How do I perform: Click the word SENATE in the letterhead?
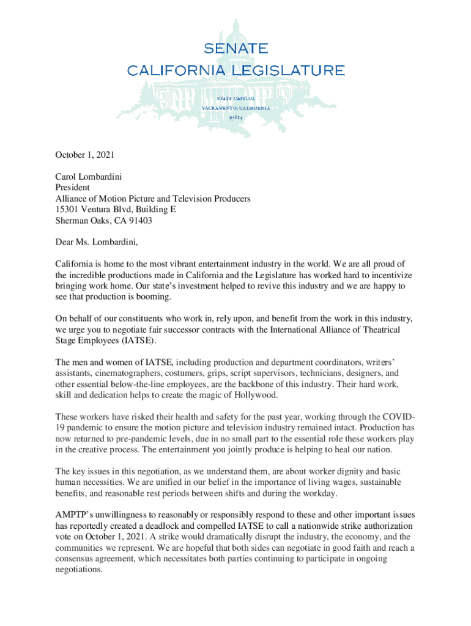point(236,48)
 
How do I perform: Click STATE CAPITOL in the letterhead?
point(236,97)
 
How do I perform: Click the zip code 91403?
point(139,221)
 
